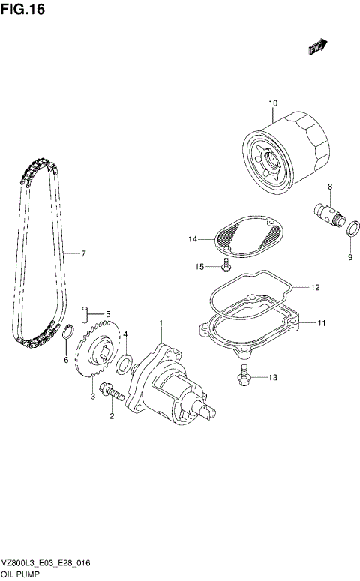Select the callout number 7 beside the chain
point(83,253)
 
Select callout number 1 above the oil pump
point(160,324)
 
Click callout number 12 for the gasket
point(316,287)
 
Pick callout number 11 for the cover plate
point(320,324)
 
